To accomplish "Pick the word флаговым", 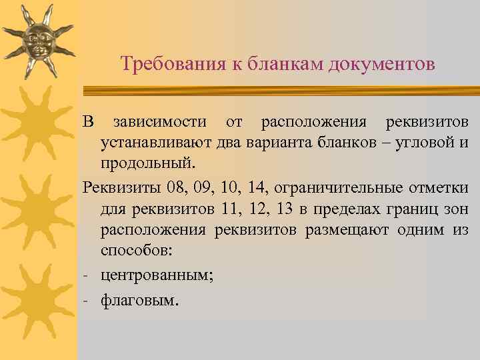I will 139,301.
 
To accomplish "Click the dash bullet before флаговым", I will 87,301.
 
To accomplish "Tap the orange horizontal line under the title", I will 280,86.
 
